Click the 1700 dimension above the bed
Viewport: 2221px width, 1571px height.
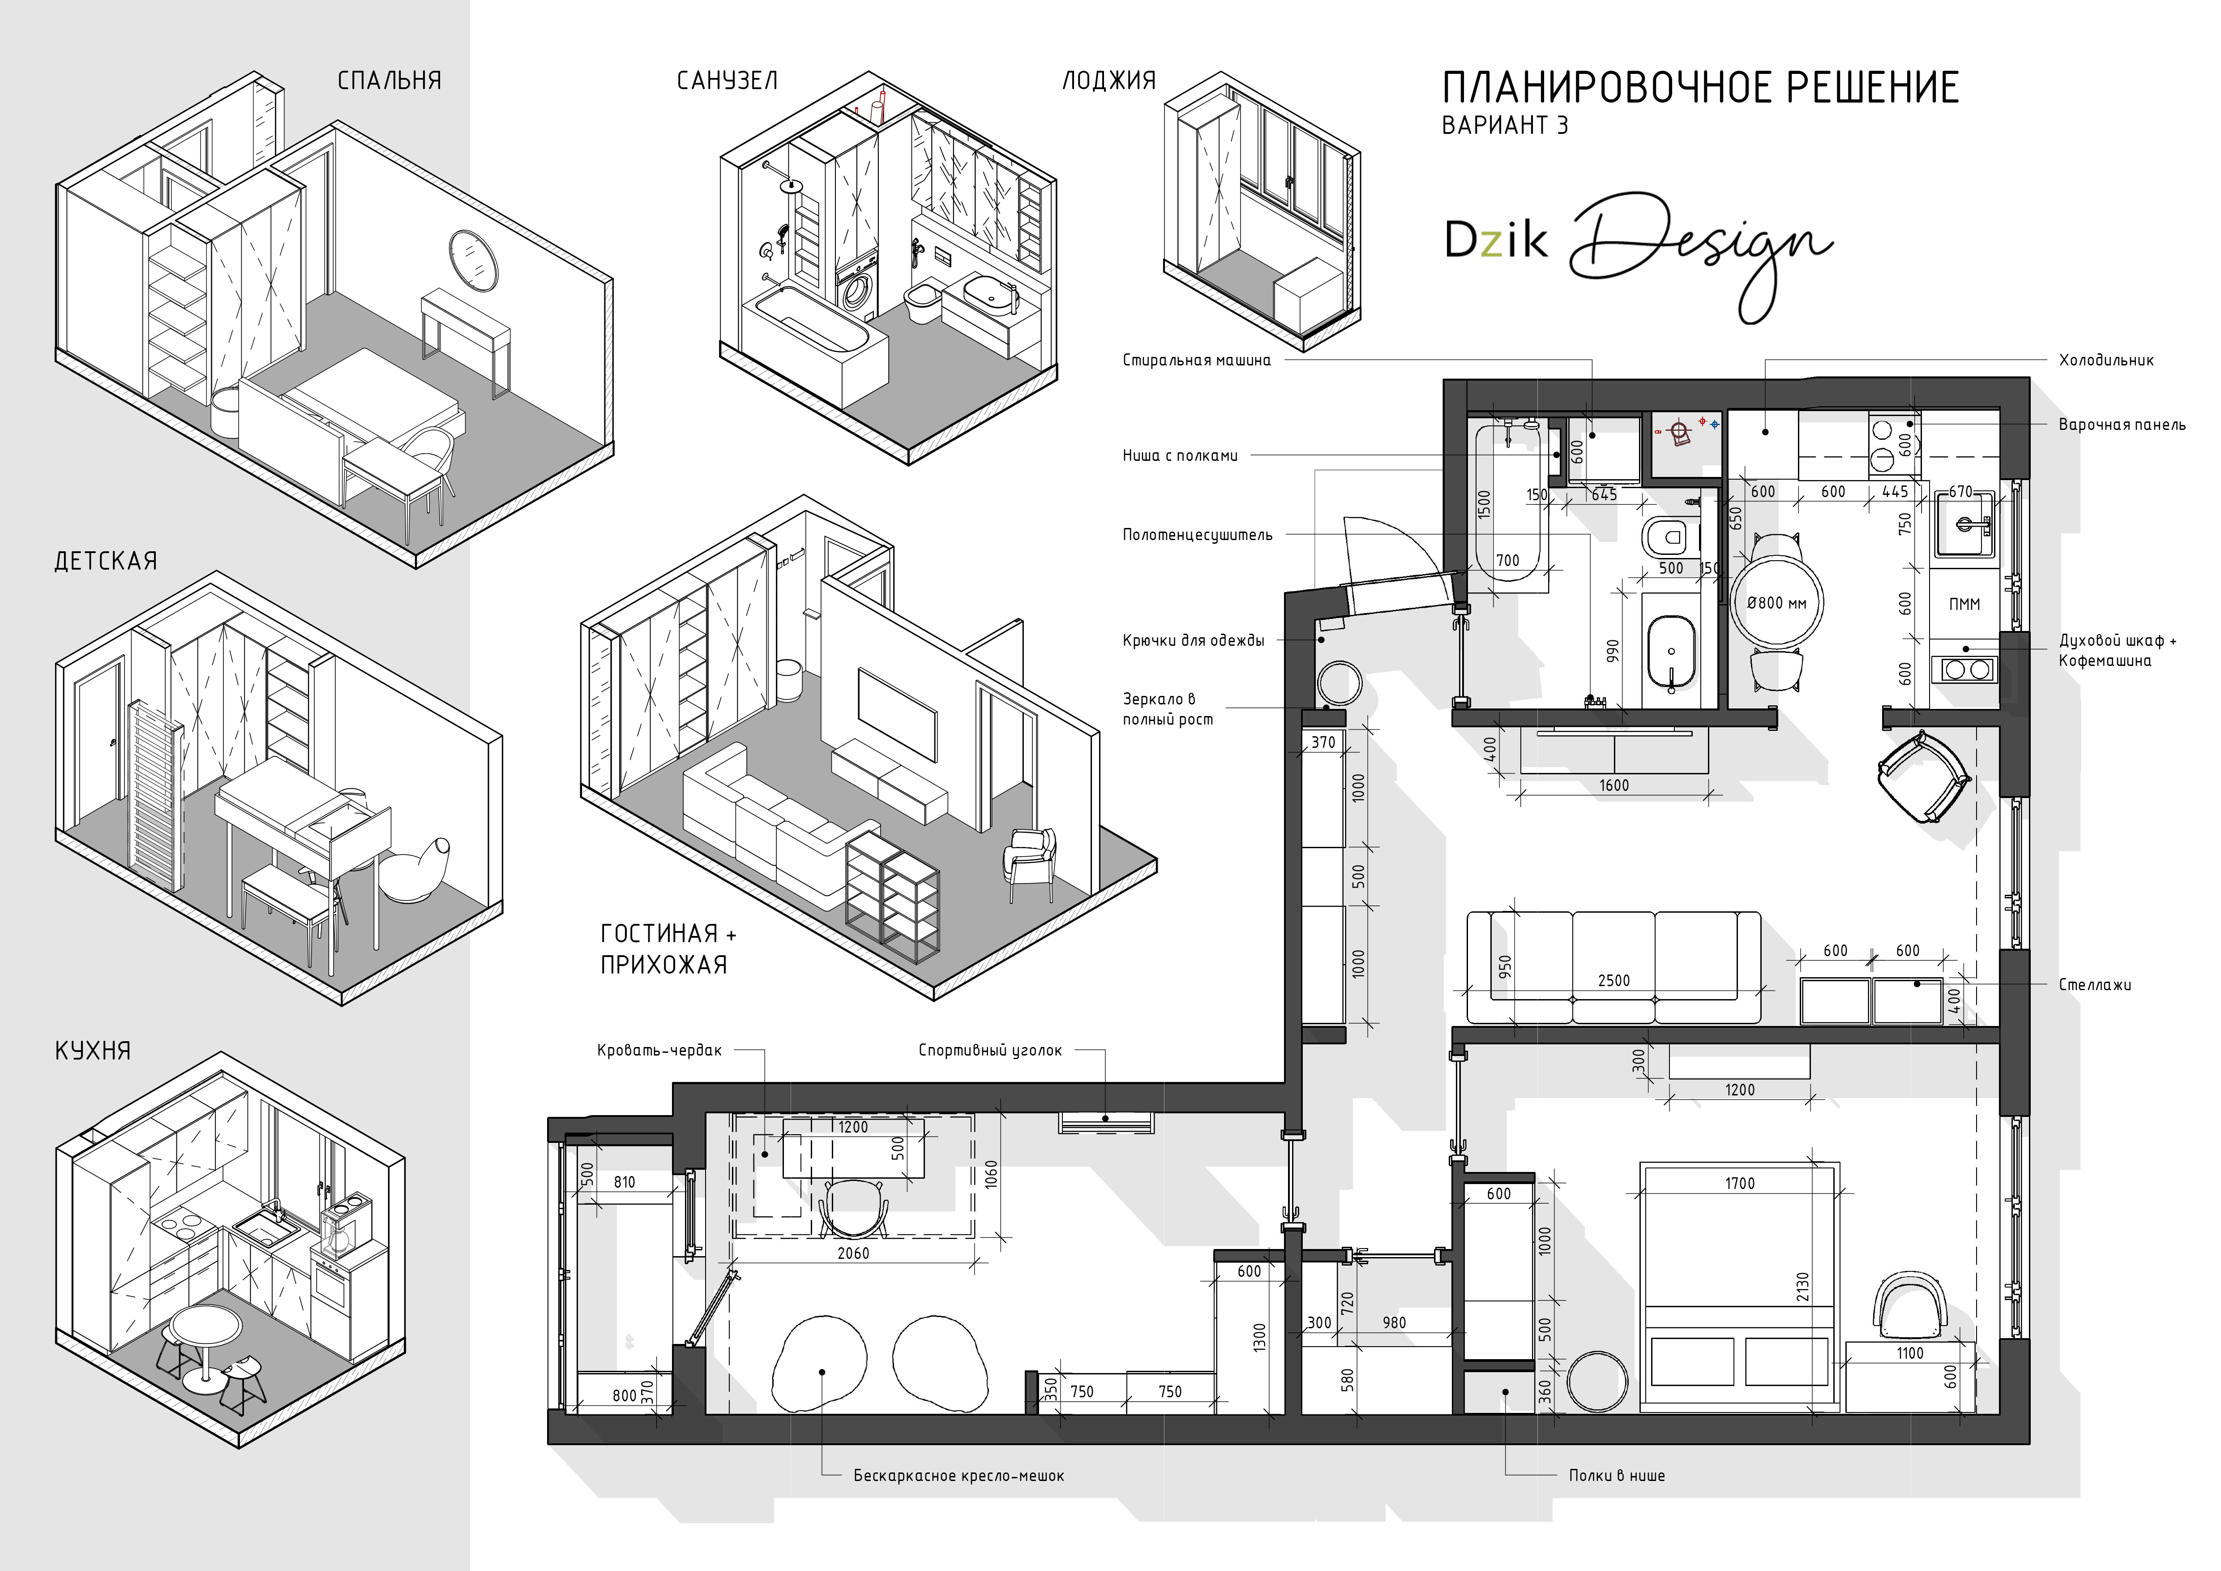tap(1739, 1183)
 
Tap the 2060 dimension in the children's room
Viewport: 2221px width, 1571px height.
tap(853, 1253)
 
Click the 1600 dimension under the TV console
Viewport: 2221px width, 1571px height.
tap(1613, 785)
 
